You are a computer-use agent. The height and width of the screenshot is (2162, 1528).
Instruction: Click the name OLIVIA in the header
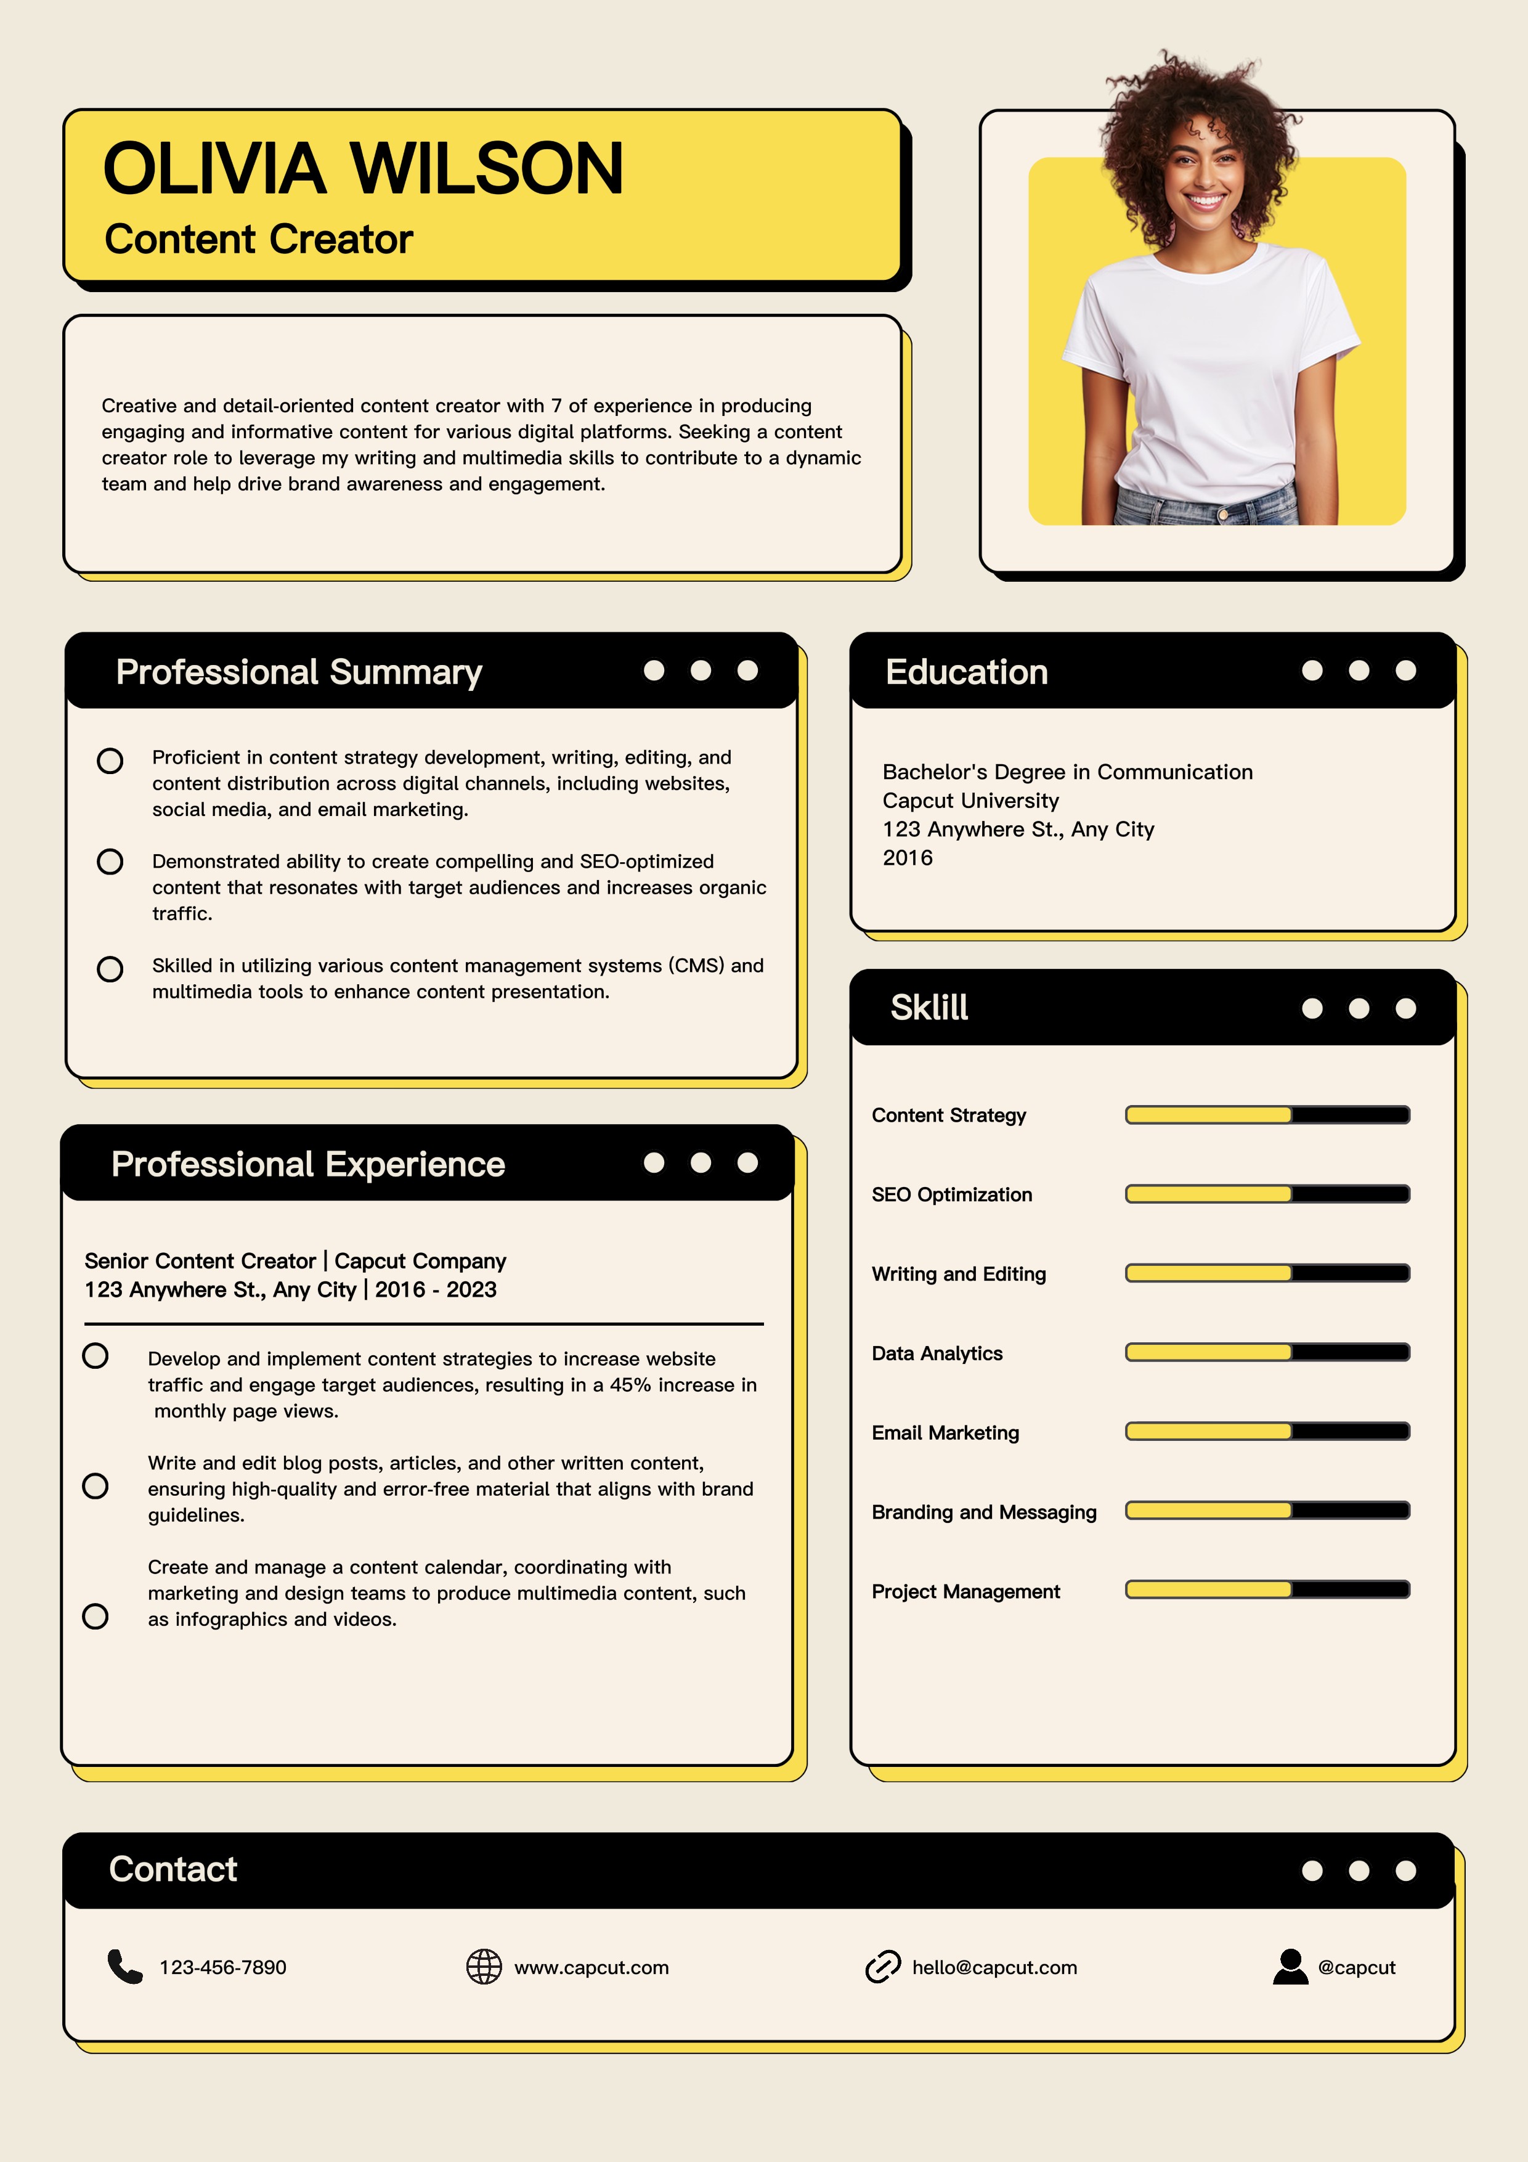[x=214, y=169]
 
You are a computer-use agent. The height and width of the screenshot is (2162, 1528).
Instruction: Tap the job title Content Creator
[x=259, y=239]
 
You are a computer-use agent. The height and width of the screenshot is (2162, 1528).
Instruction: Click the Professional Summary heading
[x=298, y=672]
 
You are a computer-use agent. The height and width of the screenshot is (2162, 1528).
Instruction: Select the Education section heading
[x=966, y=672]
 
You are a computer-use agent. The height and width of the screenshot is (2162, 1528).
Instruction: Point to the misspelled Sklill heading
[x=929, y=1008]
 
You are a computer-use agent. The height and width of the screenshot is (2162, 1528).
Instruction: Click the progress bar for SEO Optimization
[x=1267, y=1194]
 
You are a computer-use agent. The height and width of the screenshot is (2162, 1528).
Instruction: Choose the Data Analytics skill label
[x=937, y=1353]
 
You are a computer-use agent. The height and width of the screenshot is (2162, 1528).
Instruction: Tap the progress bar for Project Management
[x=1267, y=1589]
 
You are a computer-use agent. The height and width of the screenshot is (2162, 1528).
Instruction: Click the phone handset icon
[x=124, y=1967]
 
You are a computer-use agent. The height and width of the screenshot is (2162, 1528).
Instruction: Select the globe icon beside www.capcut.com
[x=484, y=1967]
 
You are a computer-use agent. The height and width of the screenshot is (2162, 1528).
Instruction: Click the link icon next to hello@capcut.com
[x=882, y=1967]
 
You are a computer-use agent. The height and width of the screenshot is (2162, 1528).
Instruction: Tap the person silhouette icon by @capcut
[x=1290, y=1967]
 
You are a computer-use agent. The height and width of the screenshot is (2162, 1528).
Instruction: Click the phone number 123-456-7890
[x=223, y=1968]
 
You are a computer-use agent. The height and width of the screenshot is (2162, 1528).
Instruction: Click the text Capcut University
[x=970, y=801]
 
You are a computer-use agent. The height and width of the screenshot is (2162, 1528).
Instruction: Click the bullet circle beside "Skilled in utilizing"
[x=110, y=969]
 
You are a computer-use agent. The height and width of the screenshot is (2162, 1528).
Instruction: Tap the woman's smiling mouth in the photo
[x=1205, y=200]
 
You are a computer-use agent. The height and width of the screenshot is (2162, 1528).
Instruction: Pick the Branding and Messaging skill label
[x=984, y=1512]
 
